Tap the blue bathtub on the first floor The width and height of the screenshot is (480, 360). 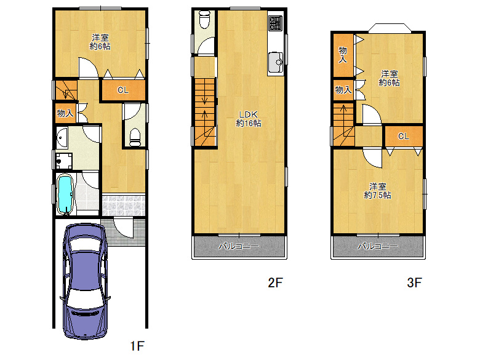coord(65,193)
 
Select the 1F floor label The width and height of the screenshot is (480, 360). coord(137,346)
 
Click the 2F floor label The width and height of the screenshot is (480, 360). coord(274,283)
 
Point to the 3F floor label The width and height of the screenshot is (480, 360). coord(414,283)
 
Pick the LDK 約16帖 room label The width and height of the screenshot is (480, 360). coord(248,119)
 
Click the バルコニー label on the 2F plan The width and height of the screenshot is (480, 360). coord(239,247)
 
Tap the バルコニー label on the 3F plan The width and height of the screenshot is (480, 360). coord(378,247)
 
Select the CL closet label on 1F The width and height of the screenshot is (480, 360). coord(122,90)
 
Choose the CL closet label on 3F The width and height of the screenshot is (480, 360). coord(403,136)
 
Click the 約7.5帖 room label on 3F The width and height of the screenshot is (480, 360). coord(377,191)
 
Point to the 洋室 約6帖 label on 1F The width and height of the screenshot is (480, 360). coord(100,42)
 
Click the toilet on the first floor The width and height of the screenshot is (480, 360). coord(135,134)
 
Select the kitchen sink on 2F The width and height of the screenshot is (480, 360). coord(275,61)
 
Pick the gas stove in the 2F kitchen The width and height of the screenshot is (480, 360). coord(274,24)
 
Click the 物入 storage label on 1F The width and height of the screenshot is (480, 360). coord(65,113)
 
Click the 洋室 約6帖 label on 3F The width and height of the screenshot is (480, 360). coord(389,78)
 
